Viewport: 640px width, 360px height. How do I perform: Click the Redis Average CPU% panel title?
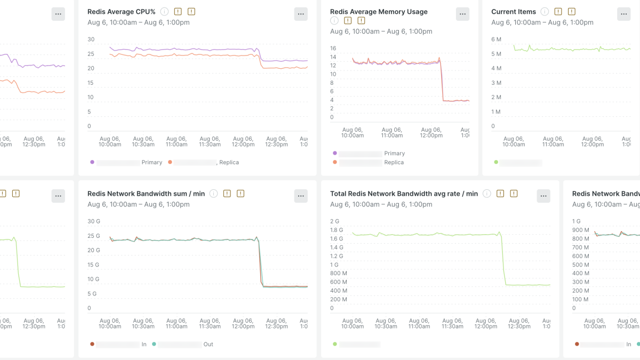pyautogui.click(x=121, y=12)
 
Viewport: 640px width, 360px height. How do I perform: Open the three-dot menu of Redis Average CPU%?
pyautogui.click(x=301, y=14)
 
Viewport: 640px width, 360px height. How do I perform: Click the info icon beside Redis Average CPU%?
pyautogui.click(x=164, y=12)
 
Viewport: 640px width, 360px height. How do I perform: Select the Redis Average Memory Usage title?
pyautogui.click(x=379, y=12)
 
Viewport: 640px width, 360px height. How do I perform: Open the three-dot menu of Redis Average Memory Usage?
pyautogui.click(x=462, y=14)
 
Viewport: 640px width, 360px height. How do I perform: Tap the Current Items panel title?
pyautogui.click(x=514, y=12)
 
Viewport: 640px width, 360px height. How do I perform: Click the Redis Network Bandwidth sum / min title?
pyautogui.click(x=146, y=194)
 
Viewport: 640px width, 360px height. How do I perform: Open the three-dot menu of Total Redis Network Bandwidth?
pyautogui.click(x=543, y=196)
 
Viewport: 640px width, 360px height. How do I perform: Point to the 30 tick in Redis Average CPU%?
pyautogui.click(x=91, y=39)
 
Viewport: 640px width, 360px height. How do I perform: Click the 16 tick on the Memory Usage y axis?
pyautogui.click(x=333, y=49)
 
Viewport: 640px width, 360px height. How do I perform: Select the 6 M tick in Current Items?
pyautogui.click(x=496, y=39)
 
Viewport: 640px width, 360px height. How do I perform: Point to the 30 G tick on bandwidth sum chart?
pyautogui.click(x=93, y=221)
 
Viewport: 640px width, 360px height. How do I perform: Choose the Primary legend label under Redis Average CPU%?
pyautogui.click(x=151, y=162)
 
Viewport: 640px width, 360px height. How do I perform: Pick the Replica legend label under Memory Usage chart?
pyautogui.click(x=394, y=162)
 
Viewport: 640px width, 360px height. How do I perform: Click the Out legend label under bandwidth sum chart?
pyautogui.click(x=208, y=345)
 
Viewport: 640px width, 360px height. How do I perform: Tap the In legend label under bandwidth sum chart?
pyautogui.click(x=144, y=345)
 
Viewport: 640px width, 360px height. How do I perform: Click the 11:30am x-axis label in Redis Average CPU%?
pyautogui.click(x=210, y=141)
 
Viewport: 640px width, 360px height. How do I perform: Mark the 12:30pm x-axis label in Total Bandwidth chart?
pyautogui.click(x=519, y=323)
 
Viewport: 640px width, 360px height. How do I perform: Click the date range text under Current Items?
pyautogui.click(x=542, y=22)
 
